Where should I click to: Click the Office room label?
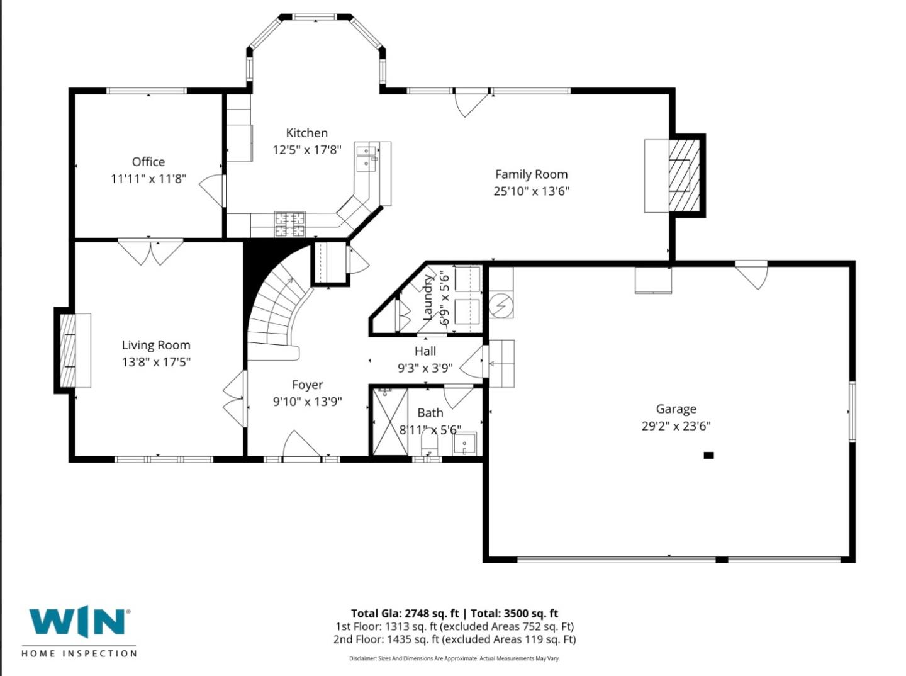[148, 162]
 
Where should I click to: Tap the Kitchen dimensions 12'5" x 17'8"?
[306, 150]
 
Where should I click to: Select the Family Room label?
[531, 174]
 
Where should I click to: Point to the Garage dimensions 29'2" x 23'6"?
[676, 426]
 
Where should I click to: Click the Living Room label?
[156, 345]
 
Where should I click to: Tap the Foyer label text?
[307, 385]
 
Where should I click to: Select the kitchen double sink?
[366, 157]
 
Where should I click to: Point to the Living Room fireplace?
[68, 350]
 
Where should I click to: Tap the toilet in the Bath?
[428, 443]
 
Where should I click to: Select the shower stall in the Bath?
[390, 422]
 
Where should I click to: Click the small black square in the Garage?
[708, 455]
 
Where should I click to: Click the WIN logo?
[79, 622]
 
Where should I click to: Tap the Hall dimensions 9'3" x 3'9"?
[425, 368]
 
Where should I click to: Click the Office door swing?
[213, 188]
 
